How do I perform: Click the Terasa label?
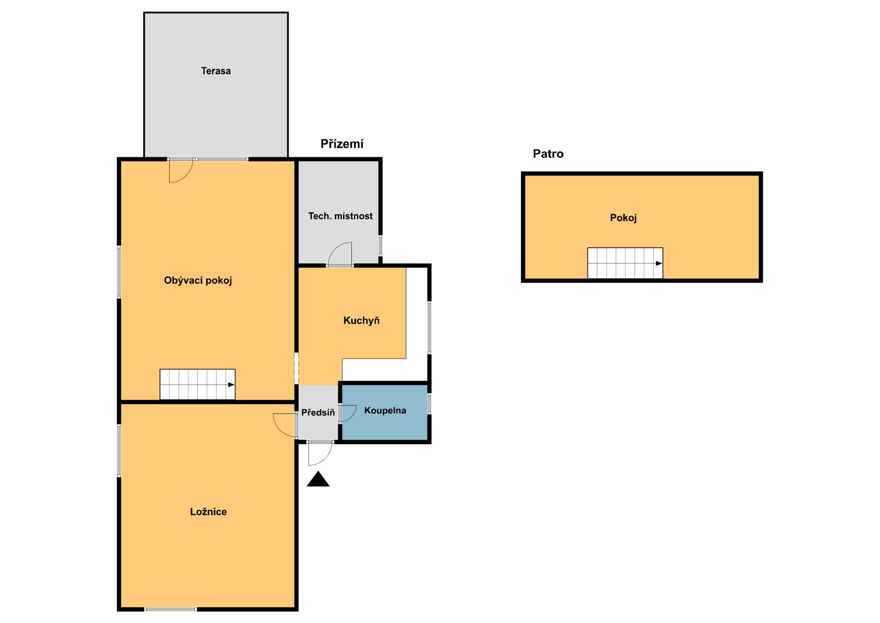click(x=215, y=71)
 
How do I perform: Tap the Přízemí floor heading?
click(x=342, y=144)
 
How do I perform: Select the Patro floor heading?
click(x=548, y=154)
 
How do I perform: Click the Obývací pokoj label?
click(x=198, y=280)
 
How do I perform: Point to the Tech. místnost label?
click(x=340, y=216)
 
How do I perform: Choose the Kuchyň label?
click(x=361, y=321)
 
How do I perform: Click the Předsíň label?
click(x=318, y=412)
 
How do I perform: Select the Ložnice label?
click(x=208, y=512)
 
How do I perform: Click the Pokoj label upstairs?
click(x=623, y=218)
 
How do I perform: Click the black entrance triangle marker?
click(x=318, y=479)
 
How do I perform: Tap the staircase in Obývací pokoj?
click(x=198, y=384)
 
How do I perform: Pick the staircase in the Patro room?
click(x=625, y=263)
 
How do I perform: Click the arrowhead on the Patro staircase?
click(x=659, y=263)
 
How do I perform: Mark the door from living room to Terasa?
click(x=181, y=171)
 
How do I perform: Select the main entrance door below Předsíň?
click(x=320, y=453)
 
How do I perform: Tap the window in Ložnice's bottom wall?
click(x=170, y=609)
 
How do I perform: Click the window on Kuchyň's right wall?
click(x=429, y=327)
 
